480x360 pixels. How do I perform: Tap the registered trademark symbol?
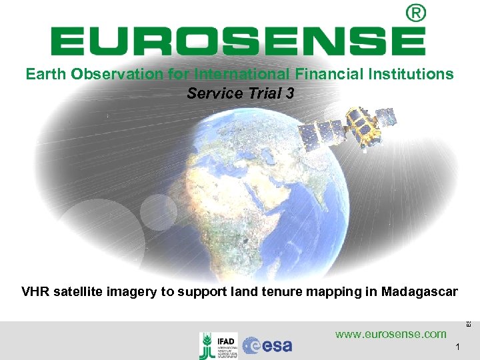point(415,13)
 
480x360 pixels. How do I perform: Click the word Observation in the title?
point(109,74)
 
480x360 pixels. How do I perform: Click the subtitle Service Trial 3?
point(240,93)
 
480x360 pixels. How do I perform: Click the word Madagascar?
point(420,291)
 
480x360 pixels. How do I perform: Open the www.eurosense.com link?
point(391,333)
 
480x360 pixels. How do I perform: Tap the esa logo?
point(267,345)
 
